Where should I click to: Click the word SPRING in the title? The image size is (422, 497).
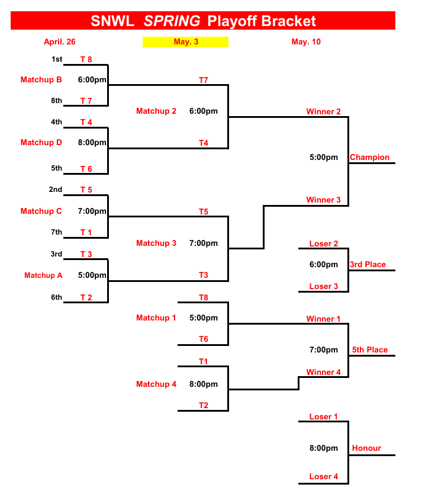(x=172, y=21)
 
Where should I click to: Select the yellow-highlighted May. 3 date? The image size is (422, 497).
(x=186, y=41)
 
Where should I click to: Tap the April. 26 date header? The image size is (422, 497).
(x=60, y=41)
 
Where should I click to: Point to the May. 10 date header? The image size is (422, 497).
(x=306, y=41)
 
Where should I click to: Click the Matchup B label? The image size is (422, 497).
(x=41, y=79)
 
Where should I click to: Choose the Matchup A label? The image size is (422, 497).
(x=43, y=275)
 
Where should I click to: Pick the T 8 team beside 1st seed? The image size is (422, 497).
(x=86, y=59)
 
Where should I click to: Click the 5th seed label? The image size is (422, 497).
(x=56, y=168)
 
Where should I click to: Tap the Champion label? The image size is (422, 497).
(x=369, y=157)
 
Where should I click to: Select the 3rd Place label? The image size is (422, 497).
(x=368, y=264)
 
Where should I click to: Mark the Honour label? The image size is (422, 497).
(x=366, y=448)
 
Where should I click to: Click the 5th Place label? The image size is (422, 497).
(x=370, y=349)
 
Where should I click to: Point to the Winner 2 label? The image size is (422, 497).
(x=323, y=111)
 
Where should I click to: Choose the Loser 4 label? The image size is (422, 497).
(x=324, y=476)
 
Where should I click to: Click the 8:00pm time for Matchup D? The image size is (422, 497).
(x=92, y=142)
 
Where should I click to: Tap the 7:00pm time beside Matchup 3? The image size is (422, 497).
(x=204, y=243)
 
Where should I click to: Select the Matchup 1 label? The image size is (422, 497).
(x=156, y=318)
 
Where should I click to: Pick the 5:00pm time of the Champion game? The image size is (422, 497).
(x=324, y=157)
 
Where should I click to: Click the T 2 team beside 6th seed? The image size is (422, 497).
(x=86, y=297)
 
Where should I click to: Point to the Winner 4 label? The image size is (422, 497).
(x=323, y=372)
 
